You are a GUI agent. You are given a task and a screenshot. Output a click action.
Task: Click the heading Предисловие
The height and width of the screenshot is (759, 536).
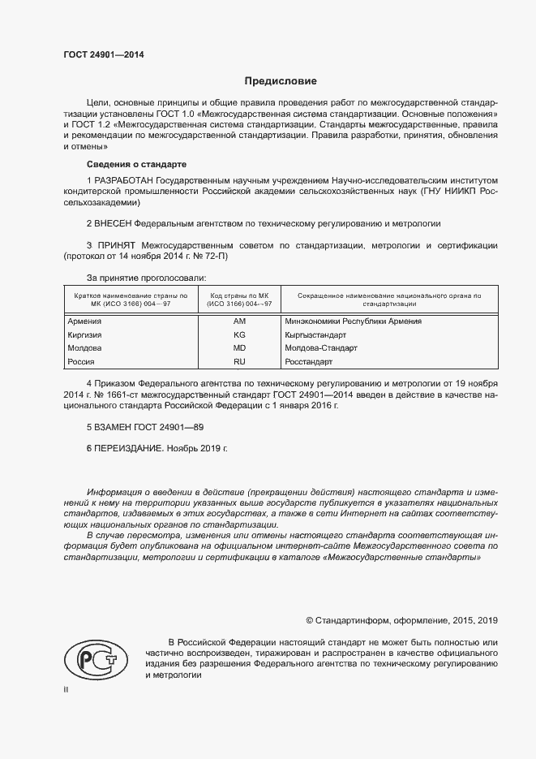281,81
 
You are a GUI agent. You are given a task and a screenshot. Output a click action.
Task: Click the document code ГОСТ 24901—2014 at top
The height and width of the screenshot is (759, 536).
105,55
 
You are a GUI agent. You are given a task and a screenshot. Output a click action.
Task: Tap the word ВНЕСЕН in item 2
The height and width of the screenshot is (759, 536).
112,222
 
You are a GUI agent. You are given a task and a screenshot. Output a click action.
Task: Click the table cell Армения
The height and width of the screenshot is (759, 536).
84,321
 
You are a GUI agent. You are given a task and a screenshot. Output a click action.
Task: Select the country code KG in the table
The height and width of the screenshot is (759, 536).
239,334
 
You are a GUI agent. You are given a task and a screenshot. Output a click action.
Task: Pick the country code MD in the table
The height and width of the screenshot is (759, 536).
239,347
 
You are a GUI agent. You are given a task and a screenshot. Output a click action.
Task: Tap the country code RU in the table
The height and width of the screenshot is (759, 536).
239,361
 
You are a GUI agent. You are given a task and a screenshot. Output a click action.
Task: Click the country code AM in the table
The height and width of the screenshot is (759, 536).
239,321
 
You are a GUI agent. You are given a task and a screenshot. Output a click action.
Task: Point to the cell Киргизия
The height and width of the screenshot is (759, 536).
84,334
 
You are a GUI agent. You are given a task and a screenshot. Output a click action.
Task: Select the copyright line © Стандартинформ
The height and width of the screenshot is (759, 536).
401,620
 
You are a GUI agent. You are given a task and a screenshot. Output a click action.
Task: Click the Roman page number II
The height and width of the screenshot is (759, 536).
66,688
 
